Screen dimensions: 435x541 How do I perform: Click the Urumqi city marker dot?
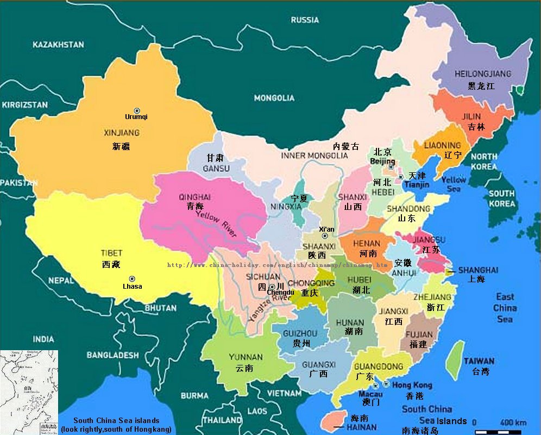click(137, 110)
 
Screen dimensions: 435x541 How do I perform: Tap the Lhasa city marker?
click(132, 279)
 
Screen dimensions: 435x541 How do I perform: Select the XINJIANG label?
click(122, 133)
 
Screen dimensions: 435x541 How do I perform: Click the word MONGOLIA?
click(274, 98)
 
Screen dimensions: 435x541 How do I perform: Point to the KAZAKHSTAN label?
click(58, 45)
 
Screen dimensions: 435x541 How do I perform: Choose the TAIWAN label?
click(479, 361)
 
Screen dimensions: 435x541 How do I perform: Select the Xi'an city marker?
click(325, 236)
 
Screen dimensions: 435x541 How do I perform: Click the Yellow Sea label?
click(454, 184)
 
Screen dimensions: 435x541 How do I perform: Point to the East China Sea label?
click(505, 307)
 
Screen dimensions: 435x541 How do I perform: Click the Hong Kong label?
click(412, 385)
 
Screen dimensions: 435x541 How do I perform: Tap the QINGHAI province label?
click(194, 197)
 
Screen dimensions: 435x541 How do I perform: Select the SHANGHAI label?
click(478, 270)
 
